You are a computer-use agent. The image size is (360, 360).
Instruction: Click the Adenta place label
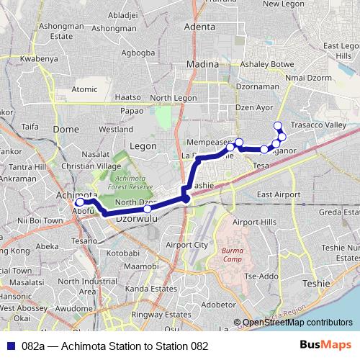click(x=200, y=27)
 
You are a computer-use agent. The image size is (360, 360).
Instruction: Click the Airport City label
click(x=186, y=245)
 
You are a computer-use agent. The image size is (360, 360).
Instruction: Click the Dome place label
click(x=66, y=129)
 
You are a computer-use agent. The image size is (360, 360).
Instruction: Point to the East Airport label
click(x=278, y=194)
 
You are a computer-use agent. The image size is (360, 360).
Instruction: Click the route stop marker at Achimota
click(x=79, y=203)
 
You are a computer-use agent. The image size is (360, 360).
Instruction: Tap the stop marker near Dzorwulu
click(x=147, y=210)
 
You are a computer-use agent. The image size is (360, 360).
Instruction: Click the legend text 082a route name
click(x=115, y=346)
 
